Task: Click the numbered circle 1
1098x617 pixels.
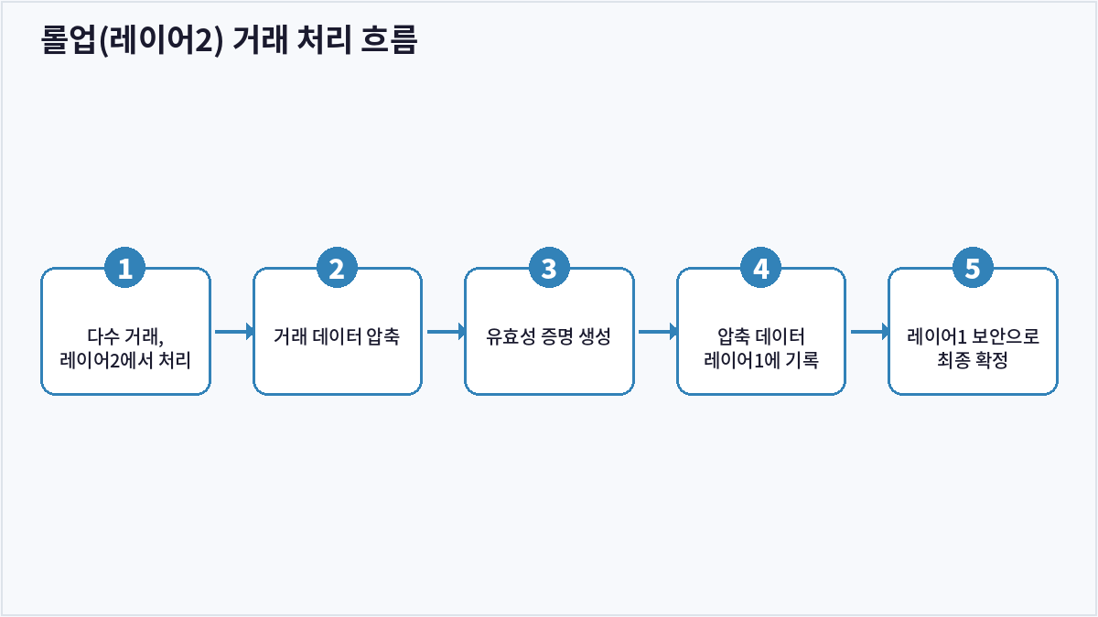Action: [x=125, y=267]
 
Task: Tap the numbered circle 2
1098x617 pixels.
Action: [x=337, y=267]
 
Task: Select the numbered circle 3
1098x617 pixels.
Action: [x=549, y=267]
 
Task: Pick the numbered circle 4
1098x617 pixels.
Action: [x=760, y=267]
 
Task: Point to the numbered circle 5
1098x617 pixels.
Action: [x=973, y=267]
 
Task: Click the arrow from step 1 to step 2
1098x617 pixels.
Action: [x=234, y=332]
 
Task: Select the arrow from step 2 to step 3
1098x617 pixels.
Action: [x=447, y=332]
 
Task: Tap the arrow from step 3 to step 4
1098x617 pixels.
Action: [x=658, y=332]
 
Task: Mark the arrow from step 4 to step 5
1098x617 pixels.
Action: [x=870, y=332]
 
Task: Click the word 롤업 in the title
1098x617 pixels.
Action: [x=68, y=39]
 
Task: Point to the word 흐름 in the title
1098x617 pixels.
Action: [x=389, y=39]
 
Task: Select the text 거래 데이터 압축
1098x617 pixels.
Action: [x=337, y=336]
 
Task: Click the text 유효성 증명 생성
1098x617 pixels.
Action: [x=548, y=336]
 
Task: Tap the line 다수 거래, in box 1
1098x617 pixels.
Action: [x=125, y=336]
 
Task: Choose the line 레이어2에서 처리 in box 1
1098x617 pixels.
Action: [x=125, y=360]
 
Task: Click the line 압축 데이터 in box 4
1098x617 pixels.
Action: [x=760, y=336]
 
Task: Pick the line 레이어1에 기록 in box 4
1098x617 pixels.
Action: [x=760, y=360]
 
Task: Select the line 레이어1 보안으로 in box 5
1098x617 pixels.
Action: [x=973, y=336]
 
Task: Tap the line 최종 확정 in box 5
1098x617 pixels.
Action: [x=973, y=360]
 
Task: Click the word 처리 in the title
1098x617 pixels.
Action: [x=324, y=39]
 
